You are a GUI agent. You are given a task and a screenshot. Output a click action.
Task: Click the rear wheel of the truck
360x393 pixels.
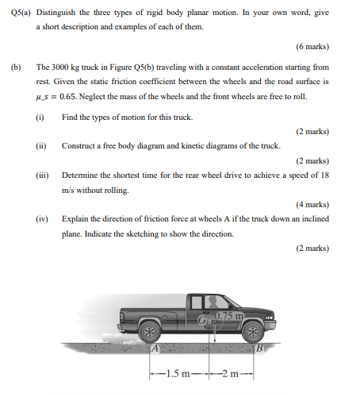click(x=148, y=331)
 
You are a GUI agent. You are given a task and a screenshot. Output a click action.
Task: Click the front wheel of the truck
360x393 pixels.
click(x=252, y=331)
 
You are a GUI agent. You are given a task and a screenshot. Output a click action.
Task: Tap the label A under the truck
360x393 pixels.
click(x=155, y=347)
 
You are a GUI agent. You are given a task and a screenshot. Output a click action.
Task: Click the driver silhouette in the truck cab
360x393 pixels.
click(x=216, y=303)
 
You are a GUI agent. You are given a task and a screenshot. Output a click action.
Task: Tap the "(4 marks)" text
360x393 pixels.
click(x=312, y=202)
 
